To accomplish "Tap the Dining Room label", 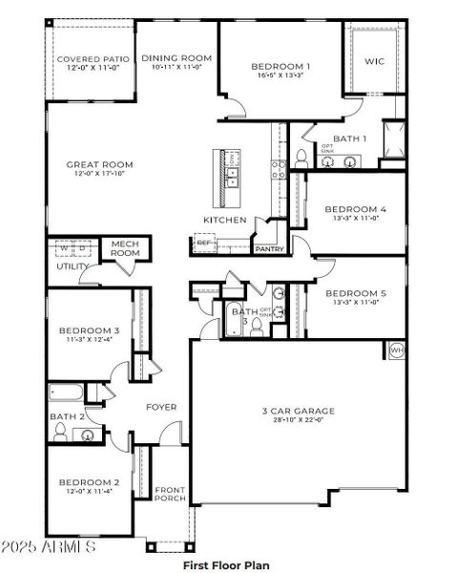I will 176,58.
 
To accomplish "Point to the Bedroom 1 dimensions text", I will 280,76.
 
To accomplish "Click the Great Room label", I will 99,164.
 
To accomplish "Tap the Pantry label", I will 269,249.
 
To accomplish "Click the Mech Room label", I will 125,249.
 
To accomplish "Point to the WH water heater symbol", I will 396,350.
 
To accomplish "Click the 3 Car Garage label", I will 299,411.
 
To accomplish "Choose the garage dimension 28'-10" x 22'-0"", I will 299,420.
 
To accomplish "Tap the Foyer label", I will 160,407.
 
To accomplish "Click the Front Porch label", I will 170,495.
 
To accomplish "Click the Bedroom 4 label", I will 355,208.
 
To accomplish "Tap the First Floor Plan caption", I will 227,565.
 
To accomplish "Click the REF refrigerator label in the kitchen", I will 203,244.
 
